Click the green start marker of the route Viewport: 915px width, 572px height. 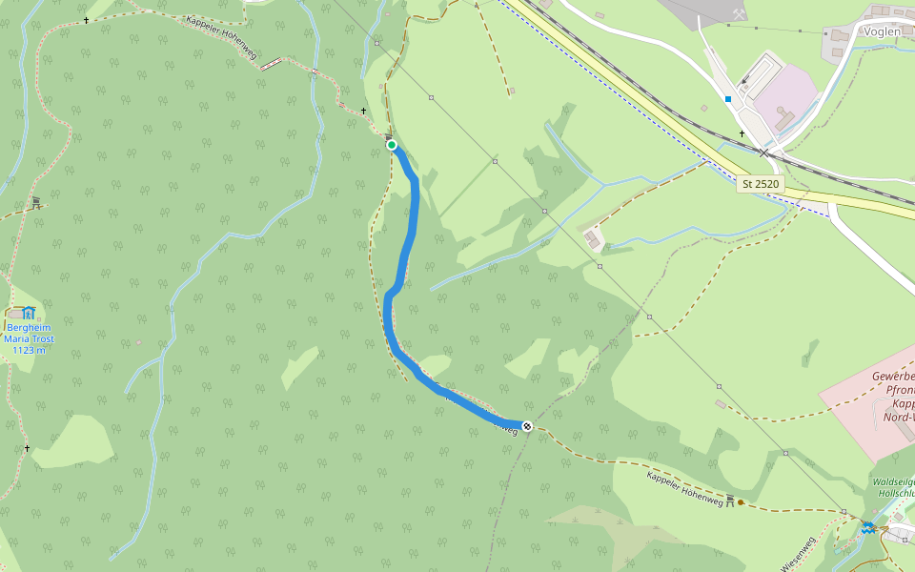tap(392, 145)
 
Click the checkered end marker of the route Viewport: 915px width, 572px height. tap(527, 425)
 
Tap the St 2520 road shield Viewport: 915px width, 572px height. tap(761, 183)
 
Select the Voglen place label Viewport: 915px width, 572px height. tap(882, 31)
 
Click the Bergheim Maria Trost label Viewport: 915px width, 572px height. tap(30, 338)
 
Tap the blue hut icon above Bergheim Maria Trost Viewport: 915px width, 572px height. tap(29, 312)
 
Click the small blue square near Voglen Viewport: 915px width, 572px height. tap(728, 98)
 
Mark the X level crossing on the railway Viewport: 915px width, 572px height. tap(763, 153)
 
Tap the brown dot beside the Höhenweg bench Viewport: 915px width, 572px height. tap(741, 501)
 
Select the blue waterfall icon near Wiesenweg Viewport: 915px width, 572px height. tap(868, 527)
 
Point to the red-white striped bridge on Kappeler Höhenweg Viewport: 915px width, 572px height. tap(272, 65)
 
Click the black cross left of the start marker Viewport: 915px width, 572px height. tap(363, 111)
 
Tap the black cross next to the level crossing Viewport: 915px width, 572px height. tap(742, 133)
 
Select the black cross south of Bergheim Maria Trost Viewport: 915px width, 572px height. tap(27, 448)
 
